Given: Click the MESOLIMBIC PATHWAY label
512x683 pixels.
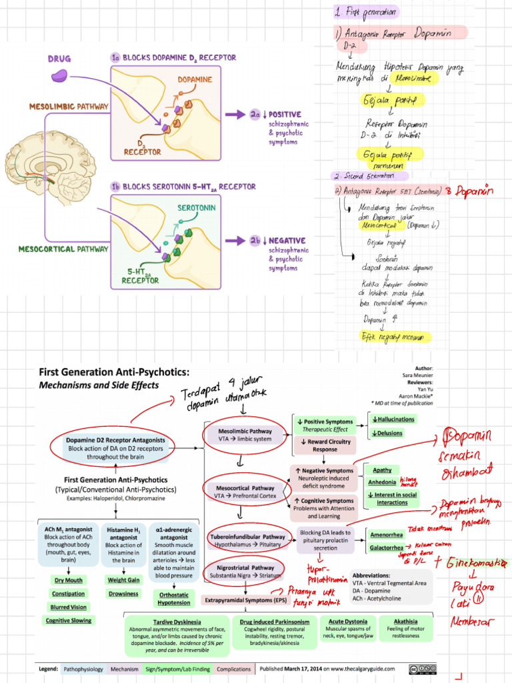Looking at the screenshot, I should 65,106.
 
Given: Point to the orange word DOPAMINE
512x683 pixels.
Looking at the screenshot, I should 195,79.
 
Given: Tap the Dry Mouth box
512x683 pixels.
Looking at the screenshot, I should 68,580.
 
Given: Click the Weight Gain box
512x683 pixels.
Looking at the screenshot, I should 124,580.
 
